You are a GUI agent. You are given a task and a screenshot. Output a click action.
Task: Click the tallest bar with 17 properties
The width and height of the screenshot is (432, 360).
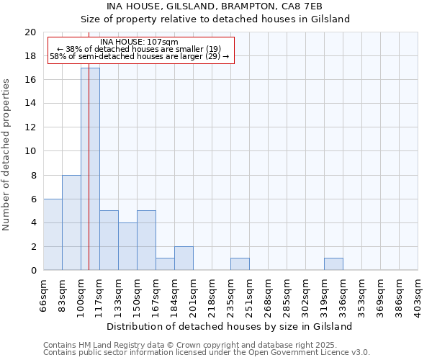point(90,168)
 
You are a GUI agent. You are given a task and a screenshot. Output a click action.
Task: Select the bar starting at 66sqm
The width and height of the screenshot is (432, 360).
point(53,234)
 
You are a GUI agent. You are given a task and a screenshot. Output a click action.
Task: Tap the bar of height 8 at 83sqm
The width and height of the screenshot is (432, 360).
point(71,222)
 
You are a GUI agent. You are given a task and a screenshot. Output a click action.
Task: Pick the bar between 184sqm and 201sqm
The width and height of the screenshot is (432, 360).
point(184,258)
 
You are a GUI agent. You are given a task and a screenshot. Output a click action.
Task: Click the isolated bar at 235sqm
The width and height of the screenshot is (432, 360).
point(240,264)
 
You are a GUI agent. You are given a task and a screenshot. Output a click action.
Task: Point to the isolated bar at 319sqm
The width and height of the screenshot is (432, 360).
point(333,264)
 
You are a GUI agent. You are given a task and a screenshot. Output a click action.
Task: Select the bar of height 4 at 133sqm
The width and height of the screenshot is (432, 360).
point(127,246)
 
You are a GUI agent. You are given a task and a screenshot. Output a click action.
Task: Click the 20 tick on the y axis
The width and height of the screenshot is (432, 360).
point(30,32)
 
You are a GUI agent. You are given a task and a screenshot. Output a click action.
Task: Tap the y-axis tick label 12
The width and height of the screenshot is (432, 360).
point(30,127)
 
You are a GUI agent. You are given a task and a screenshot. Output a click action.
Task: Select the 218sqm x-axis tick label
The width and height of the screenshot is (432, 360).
point(212,296)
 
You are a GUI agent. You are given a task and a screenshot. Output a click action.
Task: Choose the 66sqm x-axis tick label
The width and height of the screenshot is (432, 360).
point(44,296)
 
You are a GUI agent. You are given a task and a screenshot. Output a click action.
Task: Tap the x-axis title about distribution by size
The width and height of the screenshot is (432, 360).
point(230,326)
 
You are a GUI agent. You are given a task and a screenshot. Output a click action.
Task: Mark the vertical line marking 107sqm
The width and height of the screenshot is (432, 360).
point(89,180)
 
